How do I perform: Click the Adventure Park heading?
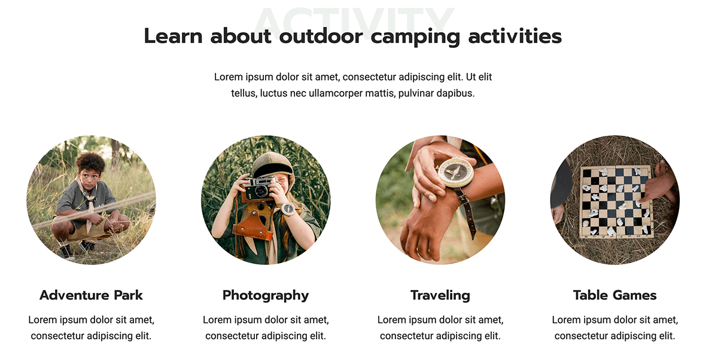click(x=91, y=295)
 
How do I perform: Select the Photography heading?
click(x=266, y=295)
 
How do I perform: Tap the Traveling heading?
click(x=440, y=295)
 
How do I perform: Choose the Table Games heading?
click(x=615, y=295)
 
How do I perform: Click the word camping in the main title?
click(x=415, y=37)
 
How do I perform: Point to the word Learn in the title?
click(x=173, y=36)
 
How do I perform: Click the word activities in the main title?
click(x=515, y=36)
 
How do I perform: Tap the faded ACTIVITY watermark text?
click(x=354, y=20)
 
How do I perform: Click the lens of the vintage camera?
click(x=260, y=191)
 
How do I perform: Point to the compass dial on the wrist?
click(x=456, y=172)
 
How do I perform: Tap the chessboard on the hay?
click(x=616, y=202)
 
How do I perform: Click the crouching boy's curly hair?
click(x=90, y=163)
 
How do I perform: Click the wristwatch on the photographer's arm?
click(x=288, y=209)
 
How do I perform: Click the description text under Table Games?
click(x=615, y=328)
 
